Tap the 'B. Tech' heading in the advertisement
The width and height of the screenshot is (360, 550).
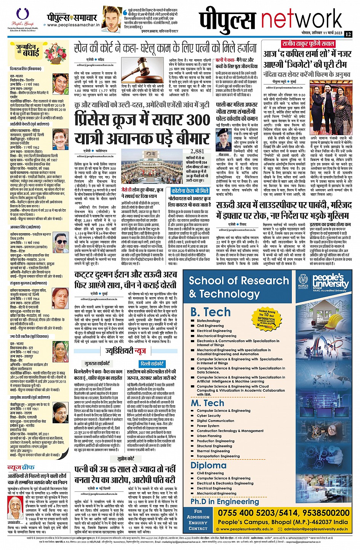210,312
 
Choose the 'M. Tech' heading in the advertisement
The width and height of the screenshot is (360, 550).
207,403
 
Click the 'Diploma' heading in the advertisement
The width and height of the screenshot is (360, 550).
208,465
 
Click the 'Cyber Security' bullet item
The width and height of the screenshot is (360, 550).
209,416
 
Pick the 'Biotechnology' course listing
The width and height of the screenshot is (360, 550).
208,321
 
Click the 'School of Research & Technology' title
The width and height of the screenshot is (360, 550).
239,287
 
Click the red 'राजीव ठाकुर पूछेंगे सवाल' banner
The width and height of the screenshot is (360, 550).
308,43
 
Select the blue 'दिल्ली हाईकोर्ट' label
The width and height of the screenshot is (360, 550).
152,363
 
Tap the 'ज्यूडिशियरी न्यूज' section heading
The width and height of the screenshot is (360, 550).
125,351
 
